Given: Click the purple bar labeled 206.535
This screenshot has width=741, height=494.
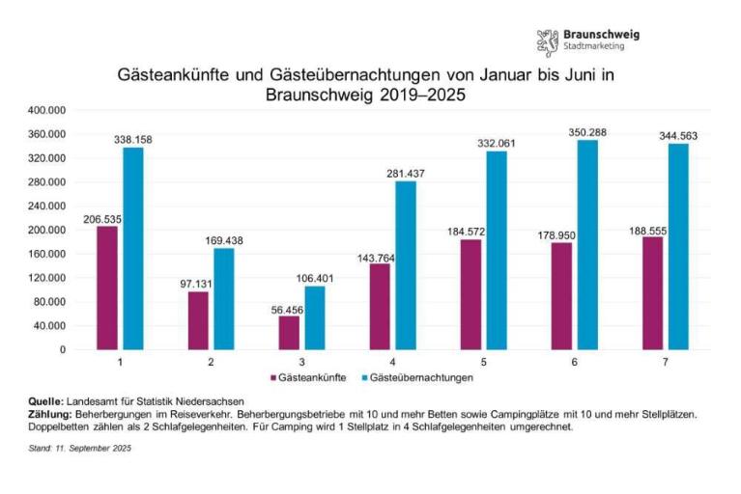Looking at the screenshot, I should tap(106, 288).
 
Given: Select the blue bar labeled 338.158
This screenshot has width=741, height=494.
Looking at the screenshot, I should tap(132, 248).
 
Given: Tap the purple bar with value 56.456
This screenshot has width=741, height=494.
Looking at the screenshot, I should tap(289, 332).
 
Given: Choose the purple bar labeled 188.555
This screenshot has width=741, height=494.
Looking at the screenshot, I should tap(652, 293).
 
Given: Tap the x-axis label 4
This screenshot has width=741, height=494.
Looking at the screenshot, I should tap(393, 361).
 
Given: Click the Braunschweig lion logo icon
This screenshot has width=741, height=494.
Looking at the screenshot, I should tap(548, 41).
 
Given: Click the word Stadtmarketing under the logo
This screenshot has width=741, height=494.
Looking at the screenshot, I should tap(594, 47).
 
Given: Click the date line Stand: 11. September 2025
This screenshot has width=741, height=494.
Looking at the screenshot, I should tap(78, 448).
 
